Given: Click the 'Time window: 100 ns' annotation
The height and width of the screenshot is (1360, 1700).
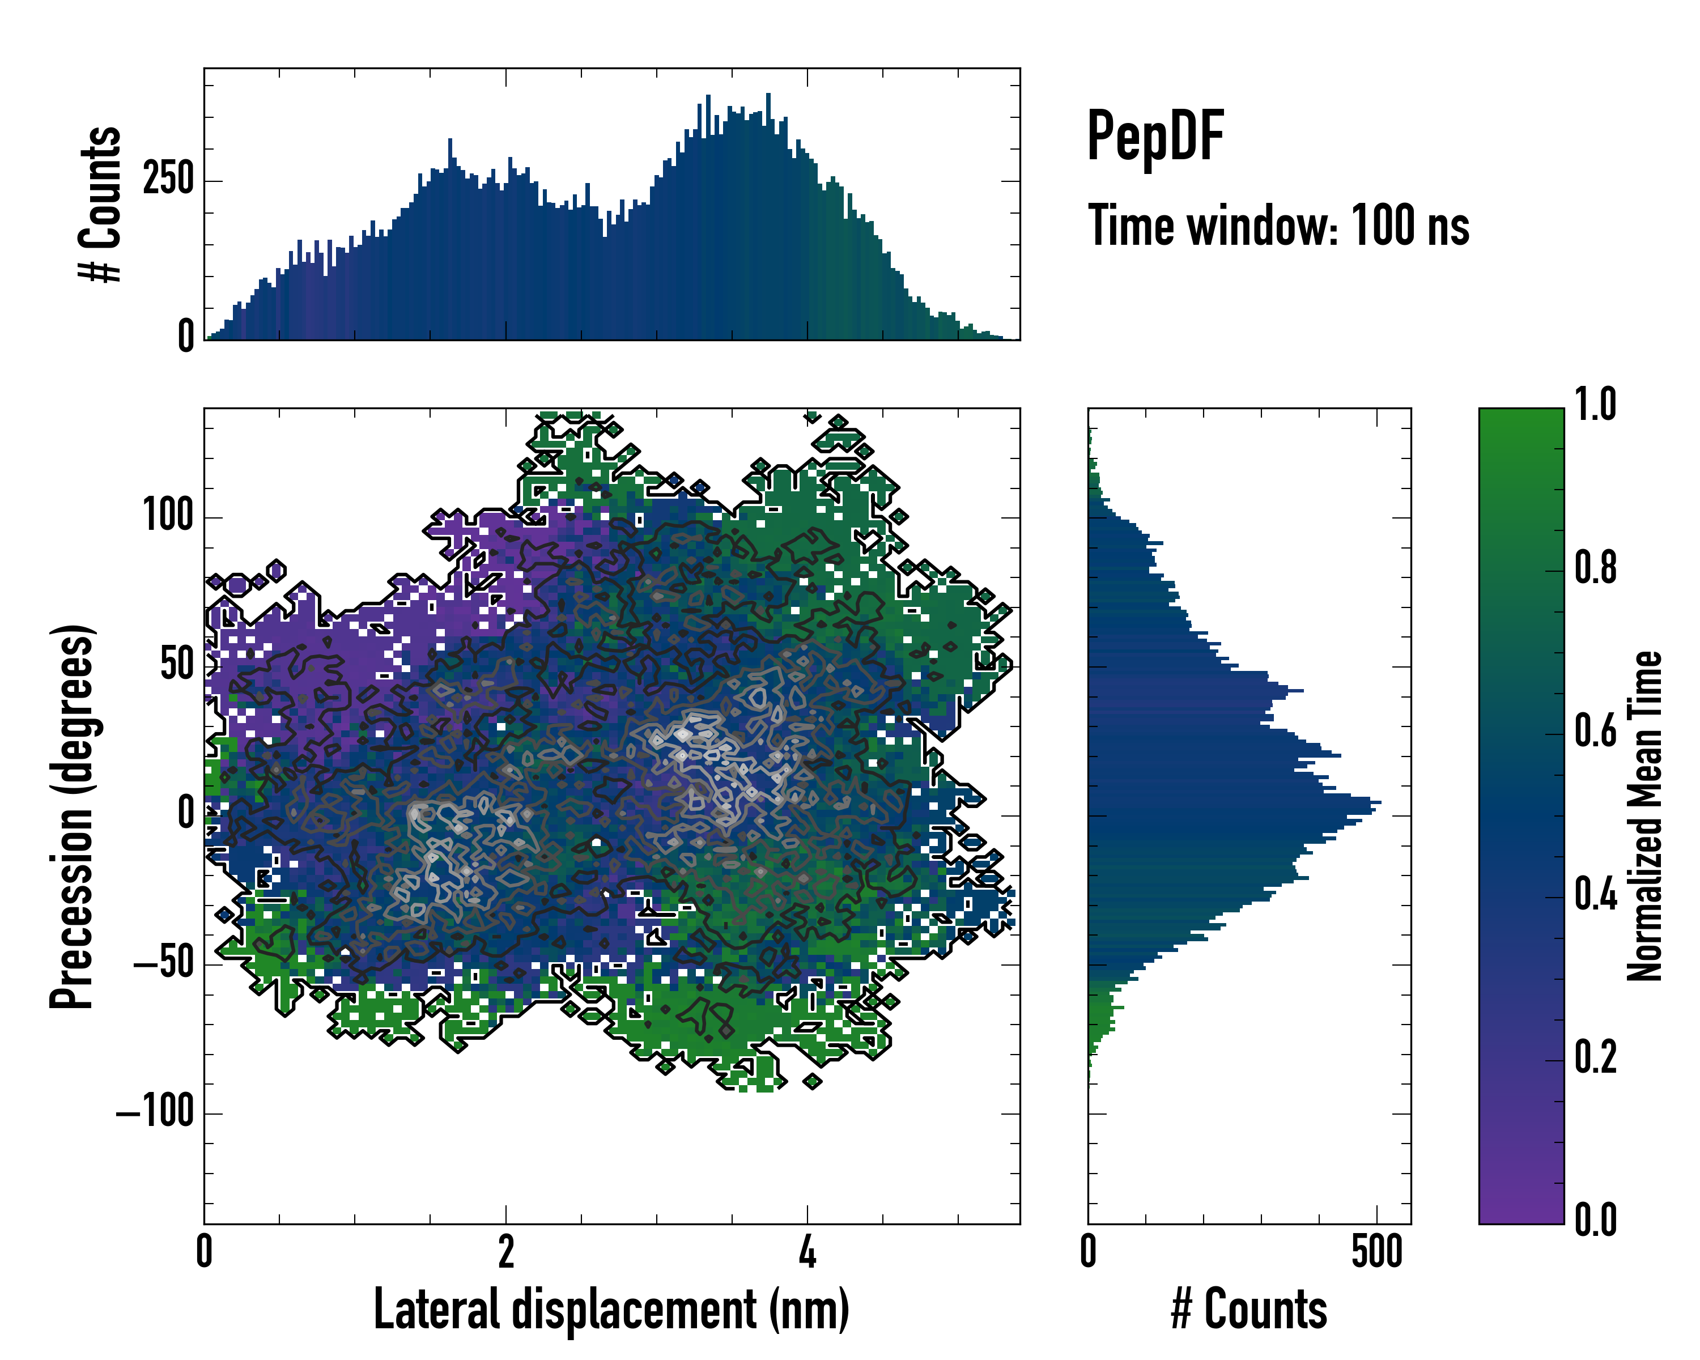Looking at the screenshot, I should tap(1278, 226).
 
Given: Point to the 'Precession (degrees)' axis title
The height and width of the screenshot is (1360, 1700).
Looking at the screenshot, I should tap(73, 816).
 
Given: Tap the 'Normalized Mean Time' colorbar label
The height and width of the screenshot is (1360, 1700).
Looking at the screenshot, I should tap(1645, 816).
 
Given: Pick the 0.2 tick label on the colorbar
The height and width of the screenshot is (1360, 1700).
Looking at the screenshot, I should tap(1595, 1057).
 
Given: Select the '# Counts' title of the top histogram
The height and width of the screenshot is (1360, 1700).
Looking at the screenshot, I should tap(100, 204).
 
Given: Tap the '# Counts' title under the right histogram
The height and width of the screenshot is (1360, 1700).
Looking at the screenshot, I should tap(1249, 1310).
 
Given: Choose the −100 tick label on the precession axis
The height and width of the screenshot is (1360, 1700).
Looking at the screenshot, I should tap(155, 1112).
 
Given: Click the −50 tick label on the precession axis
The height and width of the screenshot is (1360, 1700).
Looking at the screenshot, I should tap(163, 963).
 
